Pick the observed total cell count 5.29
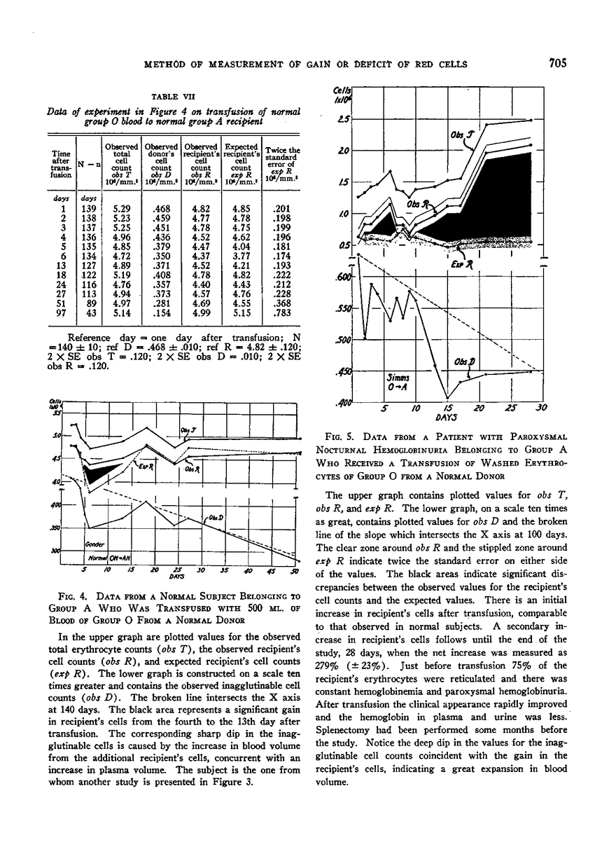click(116, 209)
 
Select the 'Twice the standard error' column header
click(284, 160)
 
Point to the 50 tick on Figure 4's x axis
click(295, 571)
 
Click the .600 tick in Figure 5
click(341, 278)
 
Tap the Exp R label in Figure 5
click(460, 263)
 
